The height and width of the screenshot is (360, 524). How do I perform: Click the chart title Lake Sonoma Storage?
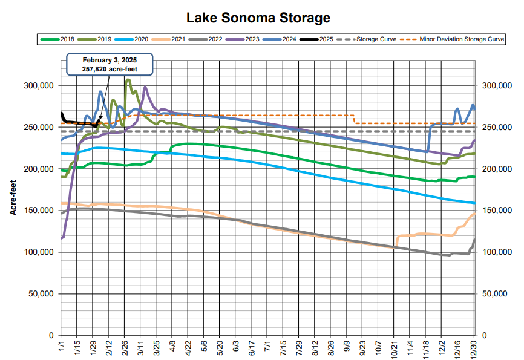pyautogui.click(x=262, y=18)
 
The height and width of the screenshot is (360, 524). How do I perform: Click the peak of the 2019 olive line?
pyautogui.click(x=127, y=79)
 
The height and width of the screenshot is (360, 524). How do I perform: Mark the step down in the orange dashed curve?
pyautogui.click(x=354, y=119)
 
